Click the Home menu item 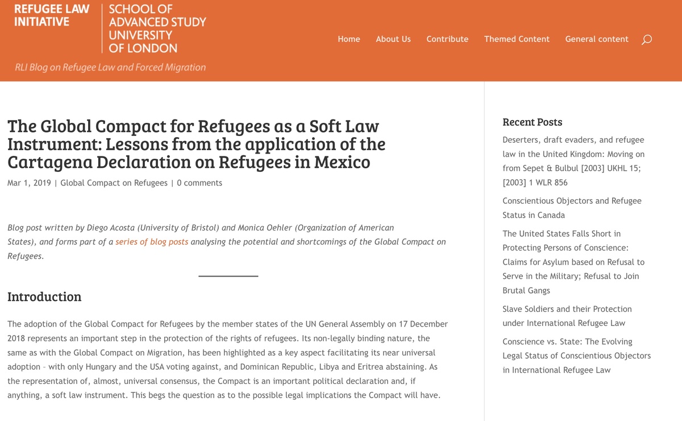pyautogui.click(x=348, y=39)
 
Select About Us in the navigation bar pyautogui.click(x=393, y=39)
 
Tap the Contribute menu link pyautogui.click(x=447, y=39)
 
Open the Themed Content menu pyautogui.click(x=517, y=39)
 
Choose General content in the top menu pyautogui.click(x=597, y=39)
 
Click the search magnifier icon pyautogui.click(x=646, y=40)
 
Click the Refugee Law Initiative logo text pyautogui.click(x=51, y=15)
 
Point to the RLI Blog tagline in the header pyautogui.click(x=110, y=67)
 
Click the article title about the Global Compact pyautogui.click(x=196, y=144)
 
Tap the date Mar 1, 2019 pyautogui.click(x=29, y=183)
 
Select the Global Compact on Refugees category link pyautogui.click(x=114, y=183)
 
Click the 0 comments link pyautogui.click(x=199, y=183)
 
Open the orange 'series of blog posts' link pyautogui.click(x=152, y=242)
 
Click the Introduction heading pyautogui.click(x=44, y=297)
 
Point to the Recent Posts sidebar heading pyautogui.click(x=533, y=122)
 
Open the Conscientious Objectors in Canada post pyautogui.click(x=572, y=208)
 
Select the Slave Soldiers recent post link pyautogui.click(x=567, y=316)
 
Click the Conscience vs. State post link pyautogui.click(x=576, y=356)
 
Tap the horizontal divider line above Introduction pyautogui.click(x=228, y=276)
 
